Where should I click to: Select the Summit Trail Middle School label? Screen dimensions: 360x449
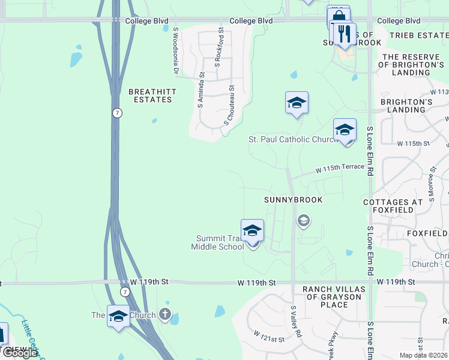[x=217, y=242]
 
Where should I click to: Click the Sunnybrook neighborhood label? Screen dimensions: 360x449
[x=294, y=199]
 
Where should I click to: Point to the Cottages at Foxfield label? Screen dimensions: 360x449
[x=397, y=206]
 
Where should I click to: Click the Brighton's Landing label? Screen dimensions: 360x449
[x=406, y=106]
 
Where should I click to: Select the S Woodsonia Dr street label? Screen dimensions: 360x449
[x=176, y=50]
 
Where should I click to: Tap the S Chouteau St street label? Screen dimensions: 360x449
[x=230, y=105]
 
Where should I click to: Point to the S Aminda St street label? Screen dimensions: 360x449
[x=202, y=90]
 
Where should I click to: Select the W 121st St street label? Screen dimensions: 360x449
[x=268, y=336]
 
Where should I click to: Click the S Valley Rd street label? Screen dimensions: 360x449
[x=295, y=321]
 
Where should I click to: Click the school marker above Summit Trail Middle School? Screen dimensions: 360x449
[x=253, y=230]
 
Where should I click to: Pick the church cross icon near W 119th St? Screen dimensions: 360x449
[x=165, y=314]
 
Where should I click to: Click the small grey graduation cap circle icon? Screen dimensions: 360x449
[x=304, y=221]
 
